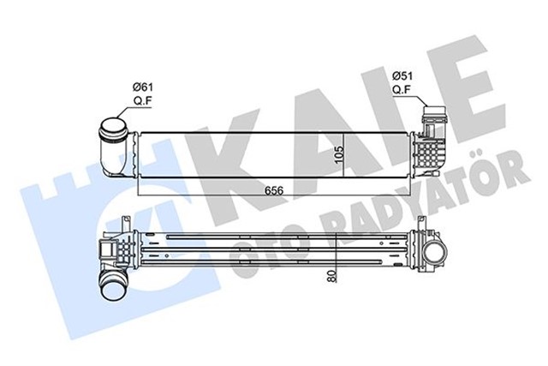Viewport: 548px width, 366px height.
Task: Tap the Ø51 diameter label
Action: [402, 76]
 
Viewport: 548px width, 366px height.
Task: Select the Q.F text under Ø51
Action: [402, 88]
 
